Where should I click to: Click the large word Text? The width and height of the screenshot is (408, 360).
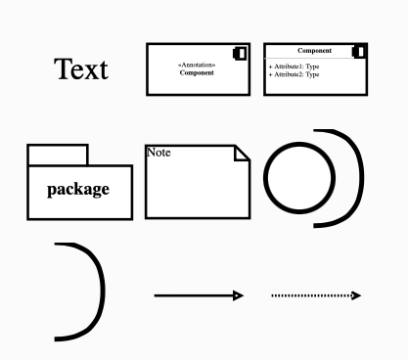(81, 69)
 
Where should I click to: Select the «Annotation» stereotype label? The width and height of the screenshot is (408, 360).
(197, 66)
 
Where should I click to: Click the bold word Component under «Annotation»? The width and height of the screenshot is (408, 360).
(197, 73)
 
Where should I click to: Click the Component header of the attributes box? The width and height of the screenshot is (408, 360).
(313, 50)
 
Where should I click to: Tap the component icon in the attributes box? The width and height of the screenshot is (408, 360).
(359, 51)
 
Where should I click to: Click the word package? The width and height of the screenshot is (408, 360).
(78, 189)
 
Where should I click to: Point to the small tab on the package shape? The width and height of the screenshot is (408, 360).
(57, 155)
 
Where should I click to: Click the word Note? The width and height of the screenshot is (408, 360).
(158, 152)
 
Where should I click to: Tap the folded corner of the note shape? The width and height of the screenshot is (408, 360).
(243, 153)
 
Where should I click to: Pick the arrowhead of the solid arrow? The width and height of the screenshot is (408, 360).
(237, 294)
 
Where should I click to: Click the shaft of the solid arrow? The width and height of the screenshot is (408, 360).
(192, 294)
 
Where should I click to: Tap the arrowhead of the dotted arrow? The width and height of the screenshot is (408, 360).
(356, 294)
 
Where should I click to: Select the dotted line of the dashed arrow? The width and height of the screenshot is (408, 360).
(309, 294)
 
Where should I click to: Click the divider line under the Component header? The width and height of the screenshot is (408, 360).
(315, 59)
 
